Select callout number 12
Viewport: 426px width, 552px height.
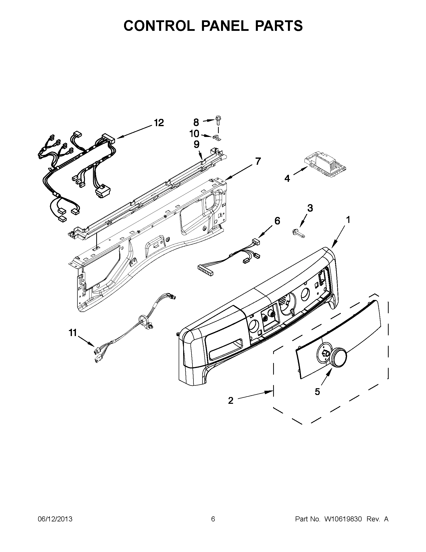[x=159, y=123]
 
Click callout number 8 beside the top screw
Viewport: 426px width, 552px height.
[x=196, y=123]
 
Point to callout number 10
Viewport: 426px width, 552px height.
[x=194, y=134]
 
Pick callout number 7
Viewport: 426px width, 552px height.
[x=258, y=161]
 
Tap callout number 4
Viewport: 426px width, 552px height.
[x=287, y=179]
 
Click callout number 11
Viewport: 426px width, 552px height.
[x=73, y=333]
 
